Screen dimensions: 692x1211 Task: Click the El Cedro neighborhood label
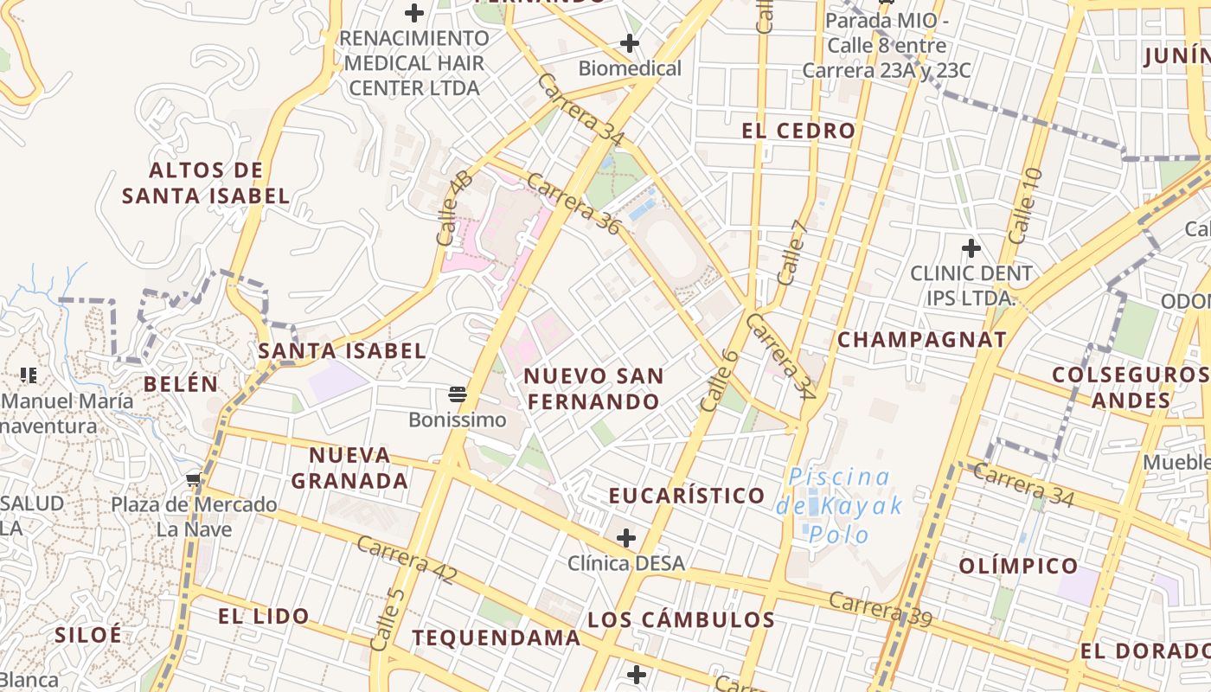pos(798,131)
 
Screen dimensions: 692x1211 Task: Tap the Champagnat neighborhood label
pos(922,339)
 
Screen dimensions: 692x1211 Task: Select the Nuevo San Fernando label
pos(593,388)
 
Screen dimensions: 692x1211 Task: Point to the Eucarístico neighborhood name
pos(687,496)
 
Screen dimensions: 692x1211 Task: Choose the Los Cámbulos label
pos(681,619)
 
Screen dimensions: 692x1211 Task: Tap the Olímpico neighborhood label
pos(1018,567)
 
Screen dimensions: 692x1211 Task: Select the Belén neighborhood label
pos(181,384)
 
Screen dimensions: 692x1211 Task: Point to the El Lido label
pos(263,616)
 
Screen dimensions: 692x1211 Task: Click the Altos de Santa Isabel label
pos(206,183)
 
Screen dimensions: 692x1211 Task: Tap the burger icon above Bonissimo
pos(458,395)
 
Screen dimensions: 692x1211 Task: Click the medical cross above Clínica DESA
pos(626,538)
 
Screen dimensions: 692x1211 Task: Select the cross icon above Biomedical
pos(630,43)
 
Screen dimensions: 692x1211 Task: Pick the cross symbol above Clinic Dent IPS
pos(971,249)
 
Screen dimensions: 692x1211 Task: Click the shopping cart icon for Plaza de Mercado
pos(193,479)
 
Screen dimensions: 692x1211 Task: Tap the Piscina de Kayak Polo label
pos(839,505)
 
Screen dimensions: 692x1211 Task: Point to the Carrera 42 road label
pos(406,560)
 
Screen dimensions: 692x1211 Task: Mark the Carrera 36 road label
pos(573,204)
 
